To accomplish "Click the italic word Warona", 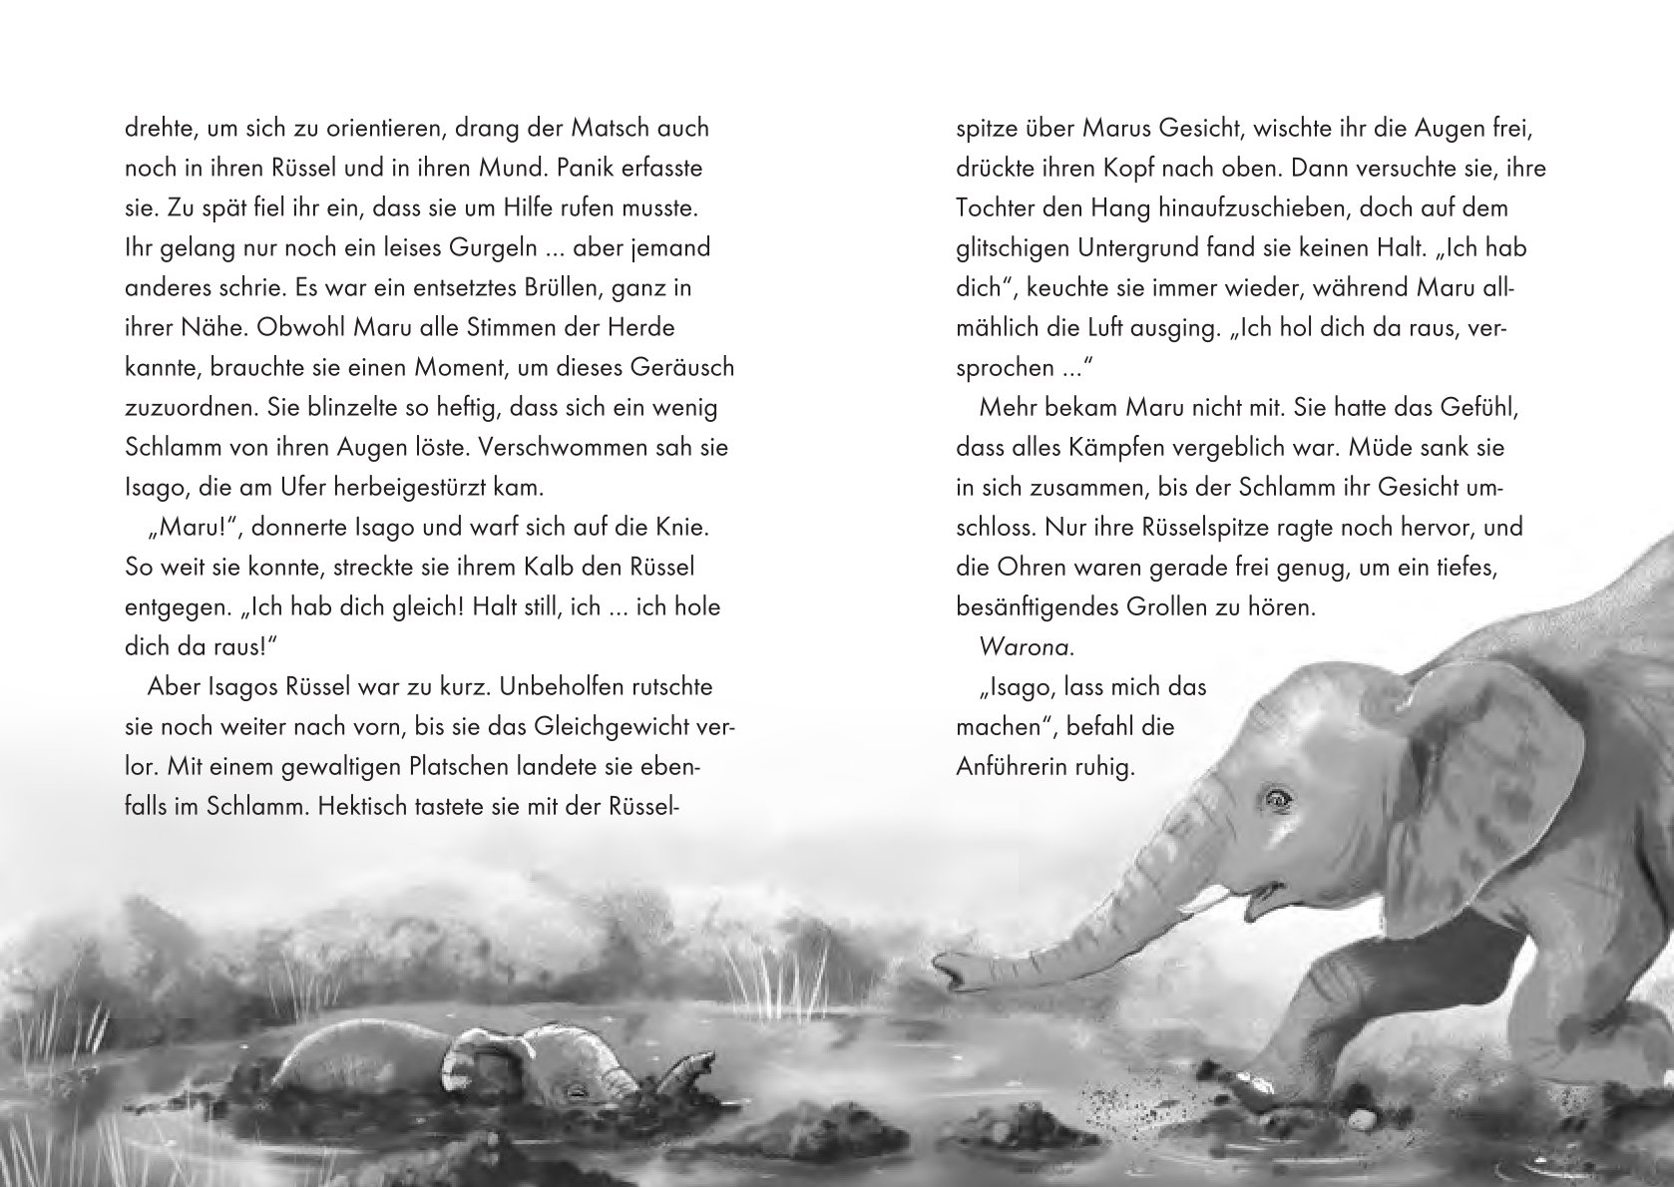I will click(1027, 646).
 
